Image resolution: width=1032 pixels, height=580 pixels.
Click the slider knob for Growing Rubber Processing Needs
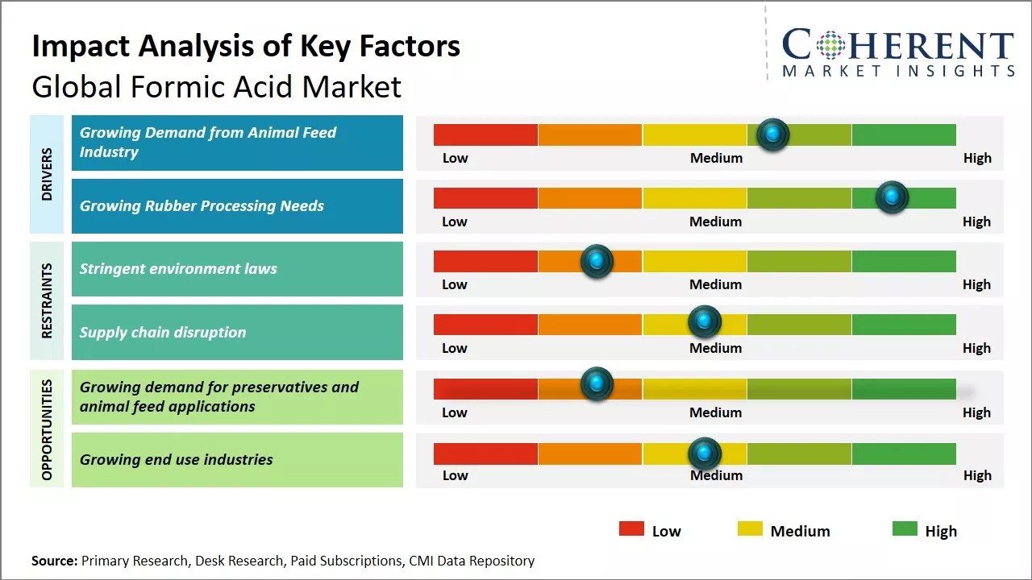892,197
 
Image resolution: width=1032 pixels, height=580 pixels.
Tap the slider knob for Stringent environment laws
597,261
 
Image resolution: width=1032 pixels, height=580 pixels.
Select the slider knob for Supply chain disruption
705,322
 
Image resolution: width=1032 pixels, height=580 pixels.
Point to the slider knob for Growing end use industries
705,454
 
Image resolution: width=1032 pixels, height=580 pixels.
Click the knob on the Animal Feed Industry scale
773,135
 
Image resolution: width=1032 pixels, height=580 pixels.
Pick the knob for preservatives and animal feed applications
597,384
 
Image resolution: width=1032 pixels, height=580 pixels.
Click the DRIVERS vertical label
47,174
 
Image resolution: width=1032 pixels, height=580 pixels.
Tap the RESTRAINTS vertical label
47,300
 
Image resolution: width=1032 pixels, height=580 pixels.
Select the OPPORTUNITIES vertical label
47,429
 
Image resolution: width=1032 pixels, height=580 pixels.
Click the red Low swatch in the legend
631,529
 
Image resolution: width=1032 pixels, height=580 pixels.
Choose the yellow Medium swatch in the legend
750,529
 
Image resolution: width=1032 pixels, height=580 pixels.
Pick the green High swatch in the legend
905,529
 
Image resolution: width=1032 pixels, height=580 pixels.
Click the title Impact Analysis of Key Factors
246,47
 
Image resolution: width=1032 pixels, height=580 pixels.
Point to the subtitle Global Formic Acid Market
216,86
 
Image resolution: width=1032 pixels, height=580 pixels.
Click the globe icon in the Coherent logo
831,45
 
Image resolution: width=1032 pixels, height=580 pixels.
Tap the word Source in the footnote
54,561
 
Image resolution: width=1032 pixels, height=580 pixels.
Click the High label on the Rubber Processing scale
976,222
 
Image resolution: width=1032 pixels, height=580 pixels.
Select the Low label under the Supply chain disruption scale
455,348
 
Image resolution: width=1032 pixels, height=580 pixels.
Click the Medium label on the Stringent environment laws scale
715,284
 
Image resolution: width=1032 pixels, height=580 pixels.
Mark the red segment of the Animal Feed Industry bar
485,135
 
